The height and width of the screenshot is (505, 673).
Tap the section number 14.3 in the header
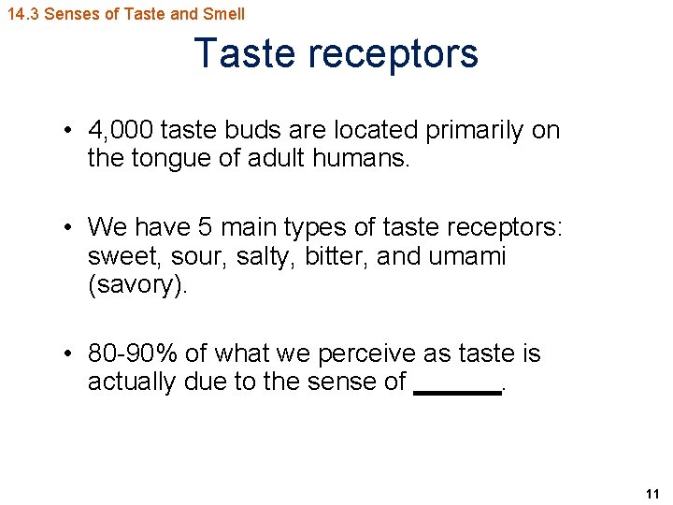tap(22, 14)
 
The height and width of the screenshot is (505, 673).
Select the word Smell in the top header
tap(224, 14)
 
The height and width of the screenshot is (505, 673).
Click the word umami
tap(466, 256)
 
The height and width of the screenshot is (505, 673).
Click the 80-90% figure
tap(133, 353)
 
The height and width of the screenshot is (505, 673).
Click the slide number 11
tap(652, 494)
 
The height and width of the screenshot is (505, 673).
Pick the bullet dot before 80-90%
tap(70, 354)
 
